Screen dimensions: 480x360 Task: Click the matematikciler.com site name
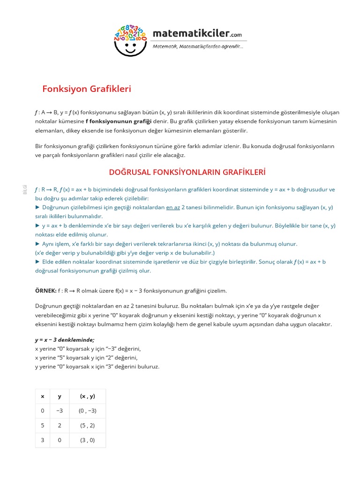click(197, 34)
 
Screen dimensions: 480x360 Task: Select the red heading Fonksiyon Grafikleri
click(87, 89)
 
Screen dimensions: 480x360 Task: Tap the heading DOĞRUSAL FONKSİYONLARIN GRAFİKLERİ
click(187, 172)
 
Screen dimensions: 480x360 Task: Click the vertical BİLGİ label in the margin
click(25, 189)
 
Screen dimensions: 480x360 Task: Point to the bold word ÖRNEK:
click(46, 291)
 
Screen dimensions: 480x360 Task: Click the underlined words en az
click(173, 207)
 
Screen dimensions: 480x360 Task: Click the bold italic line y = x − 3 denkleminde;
click(65, 340)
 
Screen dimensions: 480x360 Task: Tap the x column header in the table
click(43, 396)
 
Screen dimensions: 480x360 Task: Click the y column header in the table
click(60, 396)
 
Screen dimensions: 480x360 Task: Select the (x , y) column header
click(87, 396)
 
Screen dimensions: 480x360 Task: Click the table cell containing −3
click(60, 411)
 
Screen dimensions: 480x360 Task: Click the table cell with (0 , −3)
click(87, 411)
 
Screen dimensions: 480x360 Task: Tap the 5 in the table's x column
click(43, 425)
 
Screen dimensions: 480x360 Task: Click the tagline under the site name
click(197, 46)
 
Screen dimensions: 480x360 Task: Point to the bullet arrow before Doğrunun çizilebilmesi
click(37, 207)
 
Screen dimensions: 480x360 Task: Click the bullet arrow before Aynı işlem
click(37, 244)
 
